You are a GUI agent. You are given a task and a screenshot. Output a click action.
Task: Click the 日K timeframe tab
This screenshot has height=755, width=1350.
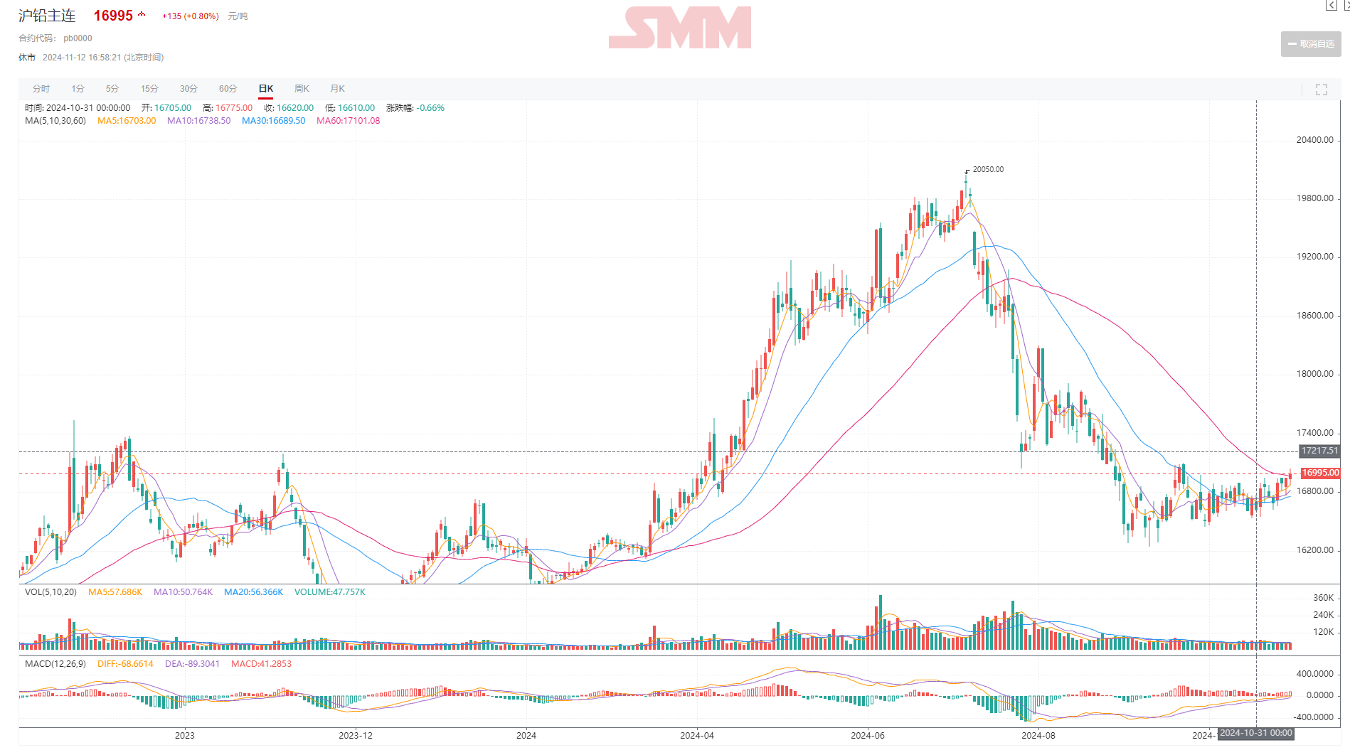[266, 89]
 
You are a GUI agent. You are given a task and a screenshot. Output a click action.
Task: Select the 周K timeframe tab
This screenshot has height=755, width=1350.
[302, 89]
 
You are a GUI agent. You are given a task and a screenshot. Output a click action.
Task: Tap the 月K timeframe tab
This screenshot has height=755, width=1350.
[337, 89]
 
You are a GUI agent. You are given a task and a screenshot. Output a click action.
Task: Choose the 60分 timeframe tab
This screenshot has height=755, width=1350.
[228, 89]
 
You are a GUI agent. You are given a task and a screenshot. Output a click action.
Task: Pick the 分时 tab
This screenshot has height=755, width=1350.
[41, 89]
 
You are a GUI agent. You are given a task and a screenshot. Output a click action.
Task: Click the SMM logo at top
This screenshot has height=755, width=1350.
[680, 28]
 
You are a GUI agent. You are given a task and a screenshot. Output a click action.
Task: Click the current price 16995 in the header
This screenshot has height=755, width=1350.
[113, 16]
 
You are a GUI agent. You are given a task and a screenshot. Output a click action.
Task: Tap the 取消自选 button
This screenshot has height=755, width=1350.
[1311, 44]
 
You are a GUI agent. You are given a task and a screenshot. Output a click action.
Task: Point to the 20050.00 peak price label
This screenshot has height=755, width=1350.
[988, 169]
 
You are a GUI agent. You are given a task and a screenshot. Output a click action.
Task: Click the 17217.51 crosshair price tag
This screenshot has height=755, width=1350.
[1319, 451]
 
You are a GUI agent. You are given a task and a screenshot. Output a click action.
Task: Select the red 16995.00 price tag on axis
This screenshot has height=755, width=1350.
[1320, 473]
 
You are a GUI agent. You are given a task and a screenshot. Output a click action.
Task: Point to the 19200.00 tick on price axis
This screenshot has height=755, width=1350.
[1314, 257]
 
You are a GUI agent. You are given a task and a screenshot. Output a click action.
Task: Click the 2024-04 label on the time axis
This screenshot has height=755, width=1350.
[696, 735]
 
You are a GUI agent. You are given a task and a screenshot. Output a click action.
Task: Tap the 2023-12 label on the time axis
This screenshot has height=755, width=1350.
[355, 735]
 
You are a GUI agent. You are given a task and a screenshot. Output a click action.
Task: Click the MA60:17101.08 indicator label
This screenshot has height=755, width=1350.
[348, 121]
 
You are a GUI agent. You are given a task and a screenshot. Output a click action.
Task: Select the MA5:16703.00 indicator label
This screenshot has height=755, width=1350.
[127, 121]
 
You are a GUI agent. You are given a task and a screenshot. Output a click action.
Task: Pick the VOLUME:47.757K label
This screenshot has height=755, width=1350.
[330, 592]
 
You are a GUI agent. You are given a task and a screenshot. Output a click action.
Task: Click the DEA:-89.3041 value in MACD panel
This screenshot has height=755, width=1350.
[192, 664]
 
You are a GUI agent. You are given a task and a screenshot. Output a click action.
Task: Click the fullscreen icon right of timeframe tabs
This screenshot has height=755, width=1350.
[1322, 90]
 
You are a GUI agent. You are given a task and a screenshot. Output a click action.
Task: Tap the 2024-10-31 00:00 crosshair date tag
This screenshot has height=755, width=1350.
[1256, 733]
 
